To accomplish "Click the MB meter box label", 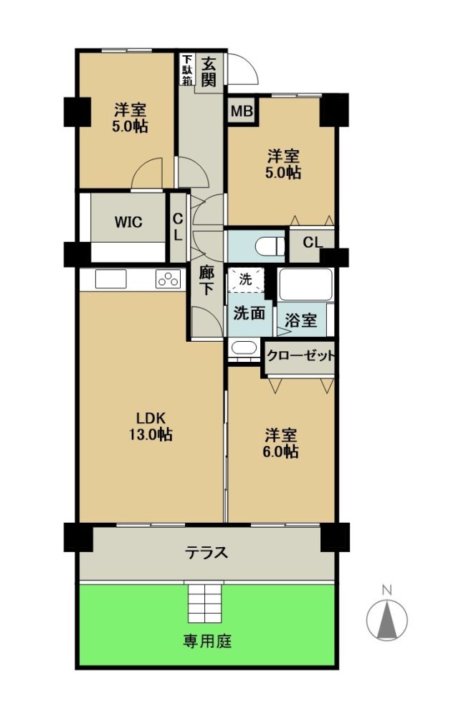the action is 242,111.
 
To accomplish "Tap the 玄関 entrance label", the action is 209,72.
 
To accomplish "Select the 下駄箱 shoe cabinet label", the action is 186,70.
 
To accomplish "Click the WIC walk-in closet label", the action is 128,223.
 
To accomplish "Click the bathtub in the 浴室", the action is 305,284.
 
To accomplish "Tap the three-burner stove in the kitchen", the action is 168,279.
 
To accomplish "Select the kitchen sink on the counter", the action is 110,279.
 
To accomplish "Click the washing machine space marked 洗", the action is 246,279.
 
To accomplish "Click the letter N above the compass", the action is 387,590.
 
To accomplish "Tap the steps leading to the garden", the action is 205,602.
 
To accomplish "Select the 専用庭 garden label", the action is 207,641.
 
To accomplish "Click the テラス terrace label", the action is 206,553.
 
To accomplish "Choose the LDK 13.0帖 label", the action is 150,426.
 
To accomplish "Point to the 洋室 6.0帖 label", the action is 280,443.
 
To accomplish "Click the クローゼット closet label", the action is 300,356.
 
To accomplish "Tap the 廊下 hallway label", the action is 206,281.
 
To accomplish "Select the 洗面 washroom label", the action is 250,313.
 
